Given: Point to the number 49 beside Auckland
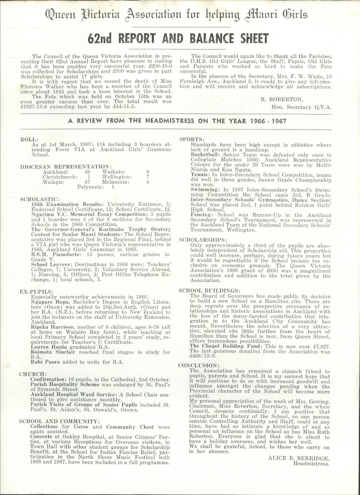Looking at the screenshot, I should coord(87,172).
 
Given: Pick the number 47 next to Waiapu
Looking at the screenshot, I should coord(87,182).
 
